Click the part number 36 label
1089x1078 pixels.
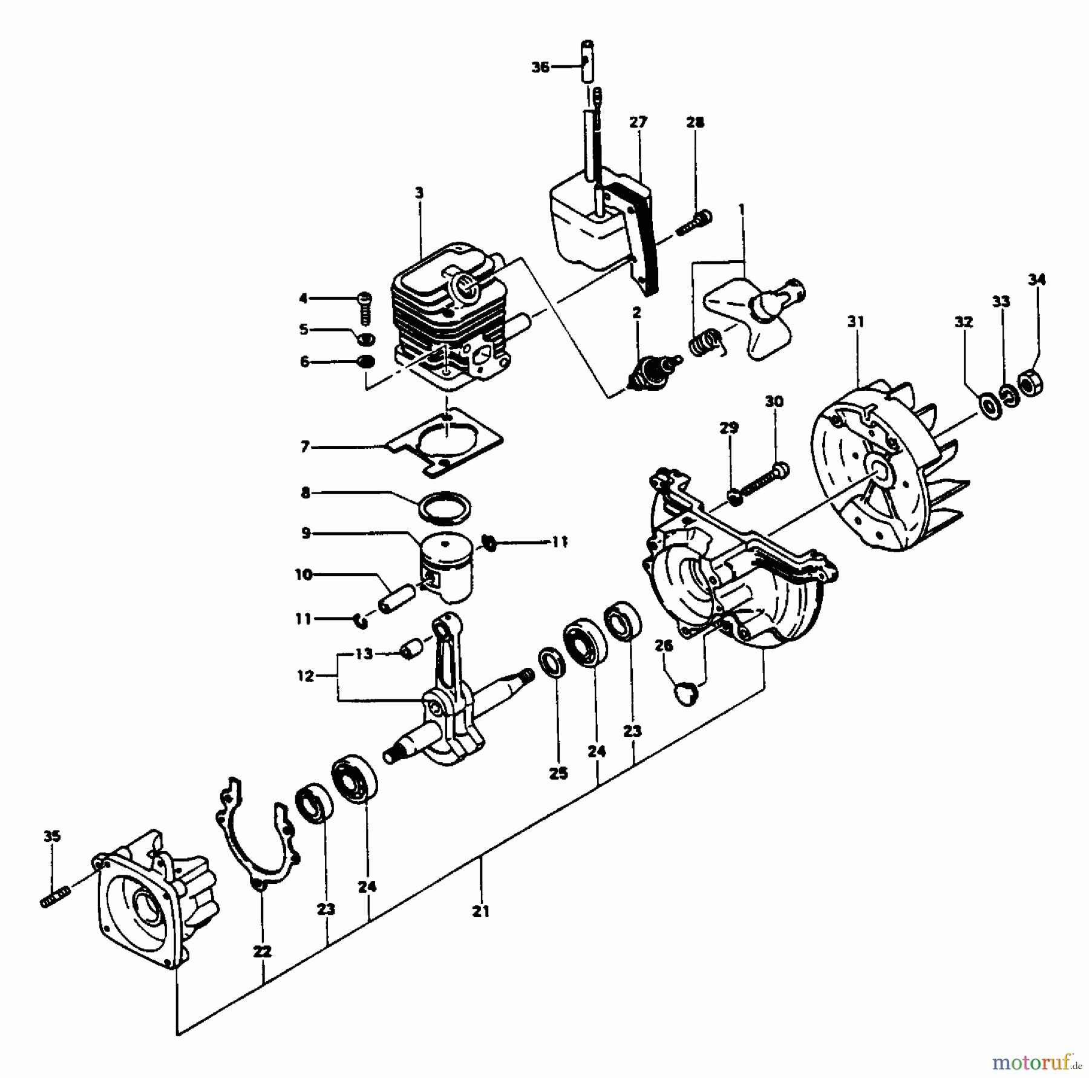[x=540, y=67]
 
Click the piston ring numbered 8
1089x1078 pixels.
[x=445, y=506]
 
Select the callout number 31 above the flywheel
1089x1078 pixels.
[x=855, y=322]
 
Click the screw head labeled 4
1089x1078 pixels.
[x=364, y=298]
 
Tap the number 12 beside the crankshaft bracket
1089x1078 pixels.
[x=306, y=676]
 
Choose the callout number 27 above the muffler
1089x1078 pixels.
[x=638, y=122]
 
